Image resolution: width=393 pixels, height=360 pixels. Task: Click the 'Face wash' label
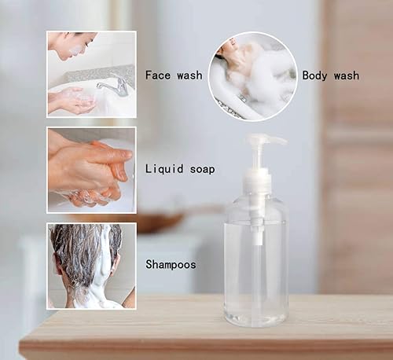point(174,75)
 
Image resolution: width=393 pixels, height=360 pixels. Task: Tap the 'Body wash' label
point(330,75)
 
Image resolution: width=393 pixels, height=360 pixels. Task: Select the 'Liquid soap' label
point(180,169)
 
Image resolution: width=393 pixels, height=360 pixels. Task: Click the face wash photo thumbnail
point(90,74)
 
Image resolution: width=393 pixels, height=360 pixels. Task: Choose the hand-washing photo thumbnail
point(90,170)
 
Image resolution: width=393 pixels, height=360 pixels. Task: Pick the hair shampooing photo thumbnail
point(90,265)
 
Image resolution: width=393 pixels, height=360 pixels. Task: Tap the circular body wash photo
point(252,76)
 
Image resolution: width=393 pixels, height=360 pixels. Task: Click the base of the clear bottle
point(257,318)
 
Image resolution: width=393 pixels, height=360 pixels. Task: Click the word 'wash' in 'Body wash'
point(345,75)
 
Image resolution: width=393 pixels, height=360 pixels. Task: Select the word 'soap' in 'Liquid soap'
point(200,169)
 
